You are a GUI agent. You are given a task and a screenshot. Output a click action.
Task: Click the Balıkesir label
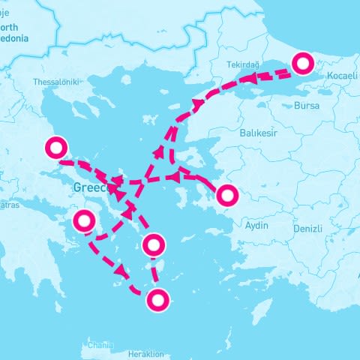tap(258, 133)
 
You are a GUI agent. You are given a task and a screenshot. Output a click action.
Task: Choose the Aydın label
tap(256, 225)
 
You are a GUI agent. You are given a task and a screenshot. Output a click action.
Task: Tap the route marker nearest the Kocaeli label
tap(303, 64)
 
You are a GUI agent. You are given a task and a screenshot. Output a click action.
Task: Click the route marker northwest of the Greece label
tap(56, 148)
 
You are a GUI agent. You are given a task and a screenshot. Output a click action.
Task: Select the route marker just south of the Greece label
tap(84, 221)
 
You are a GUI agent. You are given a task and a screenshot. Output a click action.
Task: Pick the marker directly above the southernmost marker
tap(153, 244)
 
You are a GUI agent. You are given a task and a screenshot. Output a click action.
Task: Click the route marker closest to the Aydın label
tap(226, 196)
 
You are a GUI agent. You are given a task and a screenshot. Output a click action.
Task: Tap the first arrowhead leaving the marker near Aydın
tap(173, 177)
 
